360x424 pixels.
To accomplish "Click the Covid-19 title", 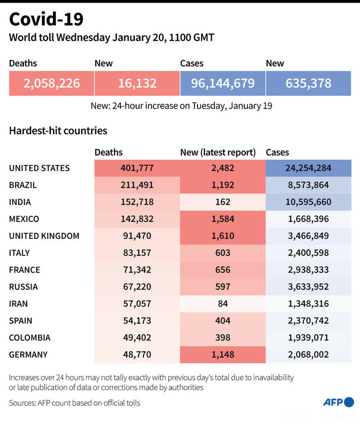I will pos(46,20).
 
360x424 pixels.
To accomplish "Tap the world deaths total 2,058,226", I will pos(52,83).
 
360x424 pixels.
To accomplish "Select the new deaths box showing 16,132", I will pos(137,83).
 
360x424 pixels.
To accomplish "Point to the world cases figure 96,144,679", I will pos(223,83).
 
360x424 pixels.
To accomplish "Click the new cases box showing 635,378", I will pos(308,83).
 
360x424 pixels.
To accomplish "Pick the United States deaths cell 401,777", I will pos(137,168).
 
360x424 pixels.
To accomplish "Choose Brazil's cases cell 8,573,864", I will pos(308,185).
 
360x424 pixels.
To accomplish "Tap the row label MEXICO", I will pos(24,219).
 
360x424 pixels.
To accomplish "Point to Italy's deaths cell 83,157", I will pos(137,253).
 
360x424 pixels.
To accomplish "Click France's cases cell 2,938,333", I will pos(308,270).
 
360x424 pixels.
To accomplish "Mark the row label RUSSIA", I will pos(23,287).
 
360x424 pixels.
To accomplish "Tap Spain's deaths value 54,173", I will pos(137,320).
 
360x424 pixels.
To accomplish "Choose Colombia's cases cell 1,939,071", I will pos(308,337).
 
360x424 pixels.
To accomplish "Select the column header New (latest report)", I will pos(218,152).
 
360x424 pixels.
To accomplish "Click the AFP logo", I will pos(339,402).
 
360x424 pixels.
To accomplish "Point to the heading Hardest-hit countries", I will pos(58,131).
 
